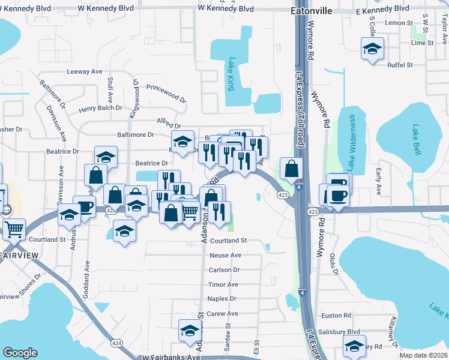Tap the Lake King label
coord(231,74)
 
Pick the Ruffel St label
coord(400,65)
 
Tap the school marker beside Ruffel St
coord(372,49)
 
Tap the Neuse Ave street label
coord(225,255)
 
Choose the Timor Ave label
coord(223,284)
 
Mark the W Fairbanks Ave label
coord(171,356)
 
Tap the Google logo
coord(20,353)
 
